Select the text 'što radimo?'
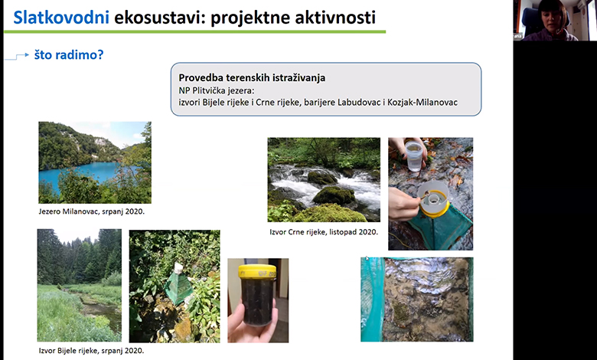pyautogui.click(x=69, y=55)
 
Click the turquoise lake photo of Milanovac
pyautogui.click(x=94, y=162)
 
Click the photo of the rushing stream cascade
pyautogui.click(x=323, y=179)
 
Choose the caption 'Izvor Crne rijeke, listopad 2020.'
pyautogui.click(x=324, y=231)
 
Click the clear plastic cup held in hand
pyautogui.click(x=414, y=155)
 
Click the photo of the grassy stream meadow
pyautogui.click(x=79, y=285)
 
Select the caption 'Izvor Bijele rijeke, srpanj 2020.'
pyautogui.click(x=91, y=352)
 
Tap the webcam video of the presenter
pyautogui.click(x=554, y=20)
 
